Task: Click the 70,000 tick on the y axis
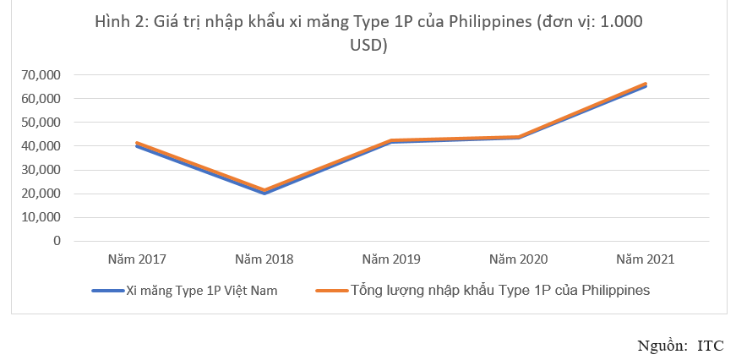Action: point(41,75)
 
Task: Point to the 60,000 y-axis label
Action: point(41,99)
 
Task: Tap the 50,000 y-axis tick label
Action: point(41,123)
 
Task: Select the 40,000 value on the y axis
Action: point(41,146)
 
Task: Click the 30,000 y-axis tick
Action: point(41,170)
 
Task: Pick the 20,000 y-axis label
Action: point(41,194)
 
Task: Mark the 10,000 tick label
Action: point(41,217)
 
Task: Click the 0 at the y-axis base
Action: point(57,241)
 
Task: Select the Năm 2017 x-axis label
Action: point(137,259)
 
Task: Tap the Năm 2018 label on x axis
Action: point(264,259)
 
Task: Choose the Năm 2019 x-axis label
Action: point(391,259)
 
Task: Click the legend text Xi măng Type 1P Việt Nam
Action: point(201,291)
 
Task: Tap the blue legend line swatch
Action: point(108,291)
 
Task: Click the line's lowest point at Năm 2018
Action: point(264,192)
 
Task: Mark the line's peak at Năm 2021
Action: point(646,85)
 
